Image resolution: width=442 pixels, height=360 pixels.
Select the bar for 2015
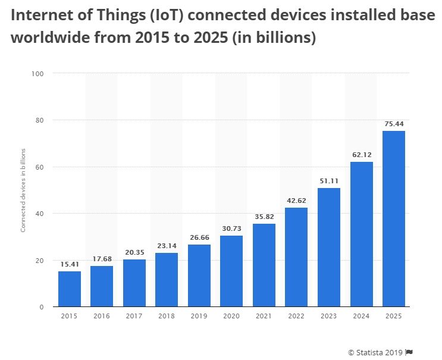pyautogui.click(x=69, y=289)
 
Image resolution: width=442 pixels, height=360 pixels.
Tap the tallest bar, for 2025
pyautogui.click(x=393, y=218)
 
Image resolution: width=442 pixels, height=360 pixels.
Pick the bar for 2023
pyautogui.click(x=328, y=247)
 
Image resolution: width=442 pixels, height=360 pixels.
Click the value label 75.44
pyautogui.click(x=393, y=124)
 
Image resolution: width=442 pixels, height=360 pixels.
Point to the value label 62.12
pyautogui.click(x=361, y=155)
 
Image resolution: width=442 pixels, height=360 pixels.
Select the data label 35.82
pyautogui.click(x=264, y=217)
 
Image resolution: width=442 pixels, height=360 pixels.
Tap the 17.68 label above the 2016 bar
pyautogui.click(x=102, y=259)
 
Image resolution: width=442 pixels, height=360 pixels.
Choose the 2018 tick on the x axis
pyautogui.click(x=167, y=317)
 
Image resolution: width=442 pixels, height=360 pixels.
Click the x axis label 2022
pyautogui.click(x=296, y=317)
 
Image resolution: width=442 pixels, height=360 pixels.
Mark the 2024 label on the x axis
pyautogui.click(x=361, y=317)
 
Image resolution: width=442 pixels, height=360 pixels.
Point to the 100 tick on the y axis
pyautogui.click(x=39, y=74)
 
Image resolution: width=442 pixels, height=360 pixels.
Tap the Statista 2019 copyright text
pyautogui.click(x=375, y=351)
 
